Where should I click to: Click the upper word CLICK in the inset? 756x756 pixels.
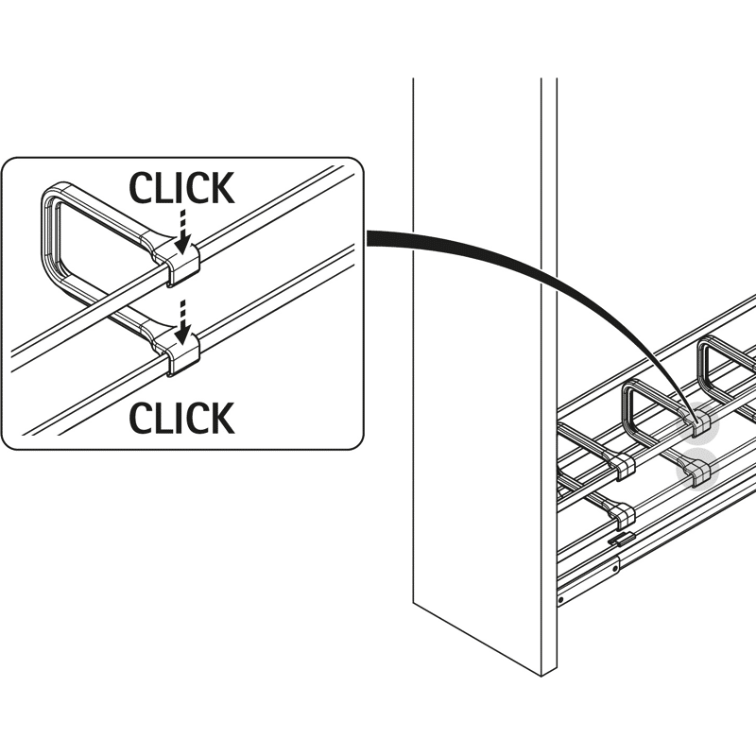click(181, 189)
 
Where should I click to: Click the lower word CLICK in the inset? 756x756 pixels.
click(181, 417)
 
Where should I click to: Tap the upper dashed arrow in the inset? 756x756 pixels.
click(181, 227)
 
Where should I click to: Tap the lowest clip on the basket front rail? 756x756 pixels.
click(624, 514)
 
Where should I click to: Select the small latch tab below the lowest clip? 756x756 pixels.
click(619, 539)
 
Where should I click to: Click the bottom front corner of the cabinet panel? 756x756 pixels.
click(541, 674)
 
